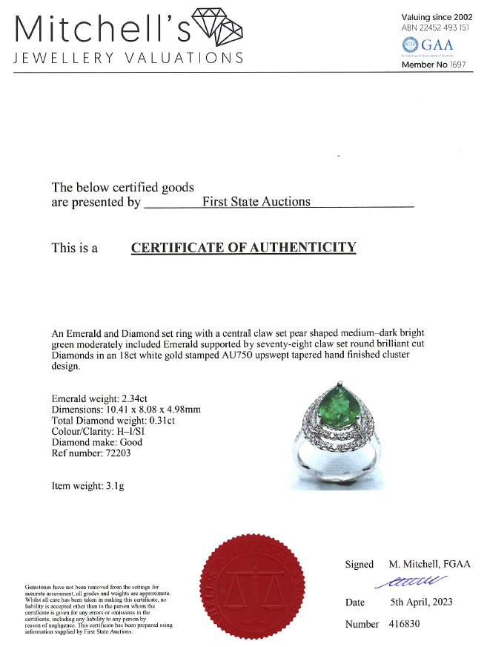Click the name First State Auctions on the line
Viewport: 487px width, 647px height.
[256, 202]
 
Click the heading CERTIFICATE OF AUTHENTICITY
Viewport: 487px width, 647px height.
[243, 248]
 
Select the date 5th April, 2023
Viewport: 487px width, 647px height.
[421, 602]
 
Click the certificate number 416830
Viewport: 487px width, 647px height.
[404, 624]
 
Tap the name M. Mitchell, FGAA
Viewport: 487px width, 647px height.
[429, 565]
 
